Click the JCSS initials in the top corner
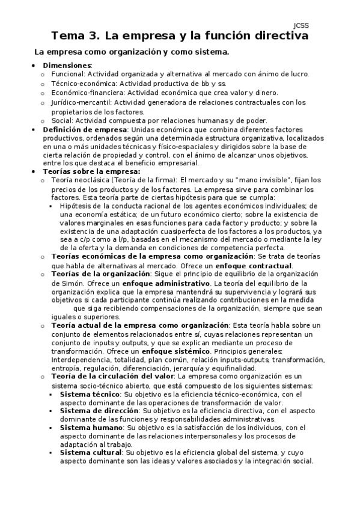tap(301, 25)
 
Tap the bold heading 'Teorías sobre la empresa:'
tap(91, 171)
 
